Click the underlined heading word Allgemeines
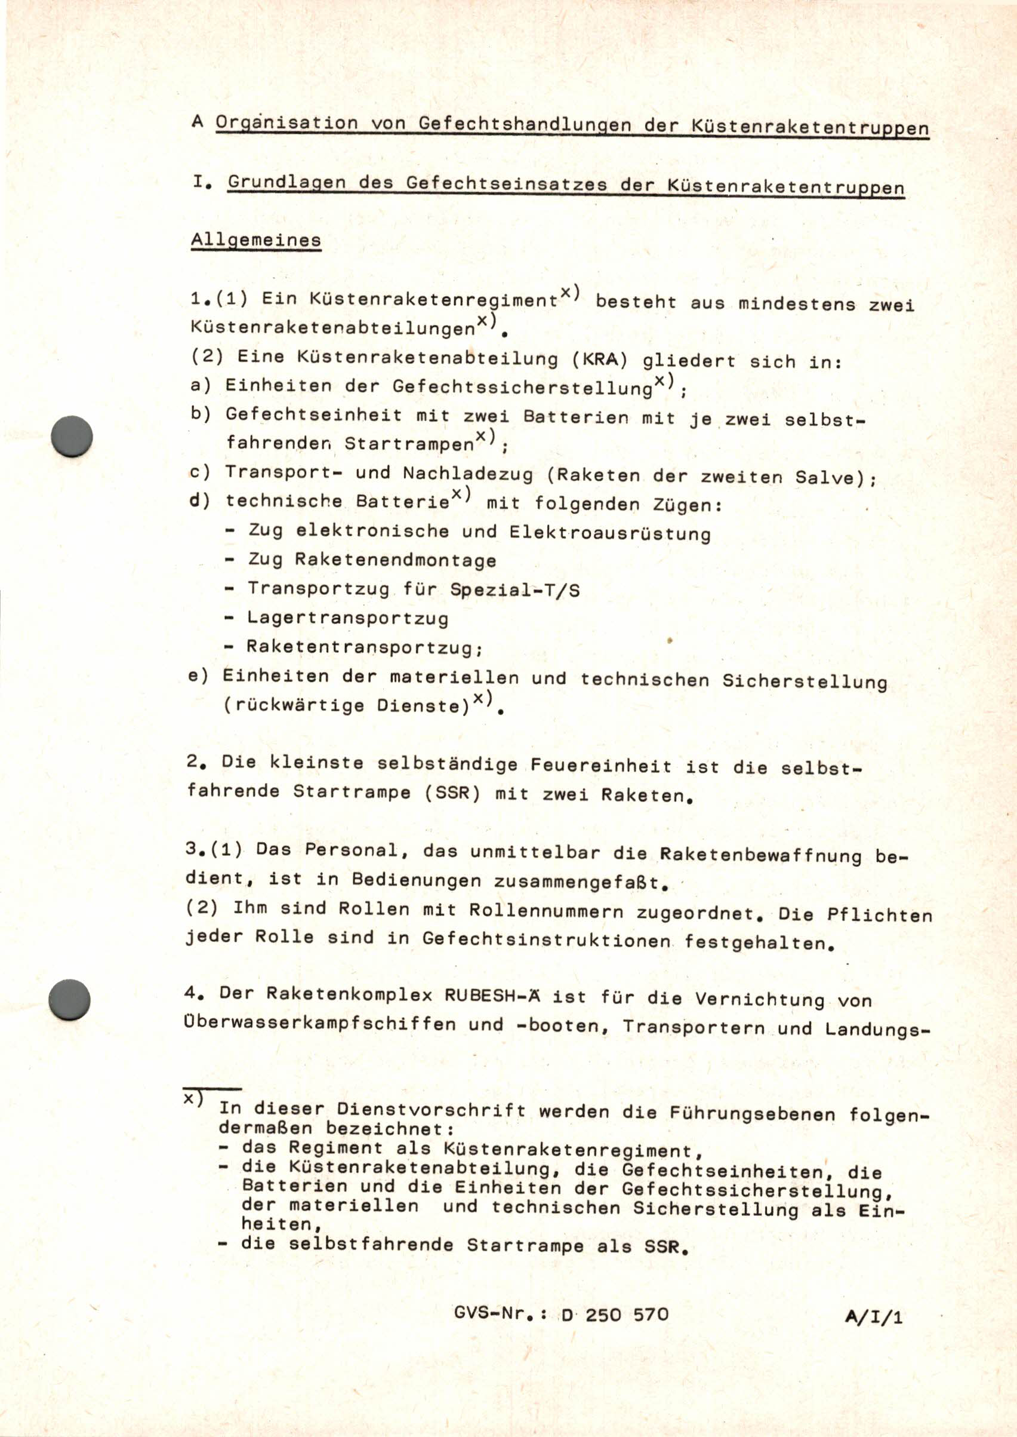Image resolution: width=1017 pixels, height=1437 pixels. [256, 240]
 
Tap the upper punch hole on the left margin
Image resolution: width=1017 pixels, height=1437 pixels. [72, 435]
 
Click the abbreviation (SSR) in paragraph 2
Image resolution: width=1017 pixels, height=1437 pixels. [452, 793]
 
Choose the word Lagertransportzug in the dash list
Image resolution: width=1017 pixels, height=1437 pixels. [347, 619]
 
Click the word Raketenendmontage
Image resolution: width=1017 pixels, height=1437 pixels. [396, 560]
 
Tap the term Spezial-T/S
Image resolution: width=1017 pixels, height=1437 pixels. [514, 589]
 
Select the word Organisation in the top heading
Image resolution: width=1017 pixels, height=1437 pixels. [287, 123]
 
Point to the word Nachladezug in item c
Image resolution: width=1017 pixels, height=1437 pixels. [468, 474]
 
